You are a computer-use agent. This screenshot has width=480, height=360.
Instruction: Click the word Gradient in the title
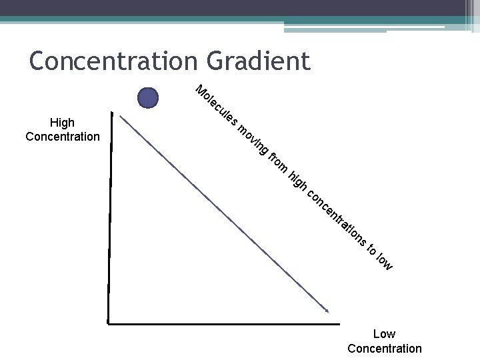click(x=259, y=61)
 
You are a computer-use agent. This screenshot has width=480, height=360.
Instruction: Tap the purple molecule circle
click(x=148, y=99)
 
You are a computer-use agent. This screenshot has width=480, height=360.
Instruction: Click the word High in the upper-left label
click(x=62, y=123)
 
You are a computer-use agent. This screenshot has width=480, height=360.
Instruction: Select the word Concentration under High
click(x=62, y=137)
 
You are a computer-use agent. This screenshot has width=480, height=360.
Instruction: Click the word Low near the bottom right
click(x=384, y=334)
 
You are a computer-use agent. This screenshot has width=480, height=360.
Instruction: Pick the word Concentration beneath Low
click(x=384, y=348)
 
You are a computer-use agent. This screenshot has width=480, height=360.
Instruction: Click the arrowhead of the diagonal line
click(x=326, y=309)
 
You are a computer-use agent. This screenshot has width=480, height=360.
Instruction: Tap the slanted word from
click(x=279, y=164)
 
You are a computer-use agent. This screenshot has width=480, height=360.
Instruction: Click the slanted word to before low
click(x=371, y=248)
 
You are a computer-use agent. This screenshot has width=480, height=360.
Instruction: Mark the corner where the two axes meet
click(x=109, y=323)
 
